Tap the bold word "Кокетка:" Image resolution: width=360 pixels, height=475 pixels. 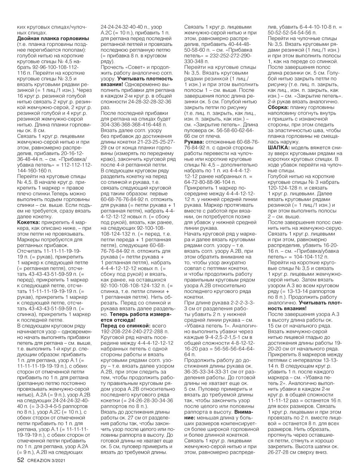[30, 222]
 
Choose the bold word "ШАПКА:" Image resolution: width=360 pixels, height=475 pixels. [278, 147]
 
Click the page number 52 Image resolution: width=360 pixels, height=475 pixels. [21, 460]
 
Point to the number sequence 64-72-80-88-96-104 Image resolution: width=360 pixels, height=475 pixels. [210, 182]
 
